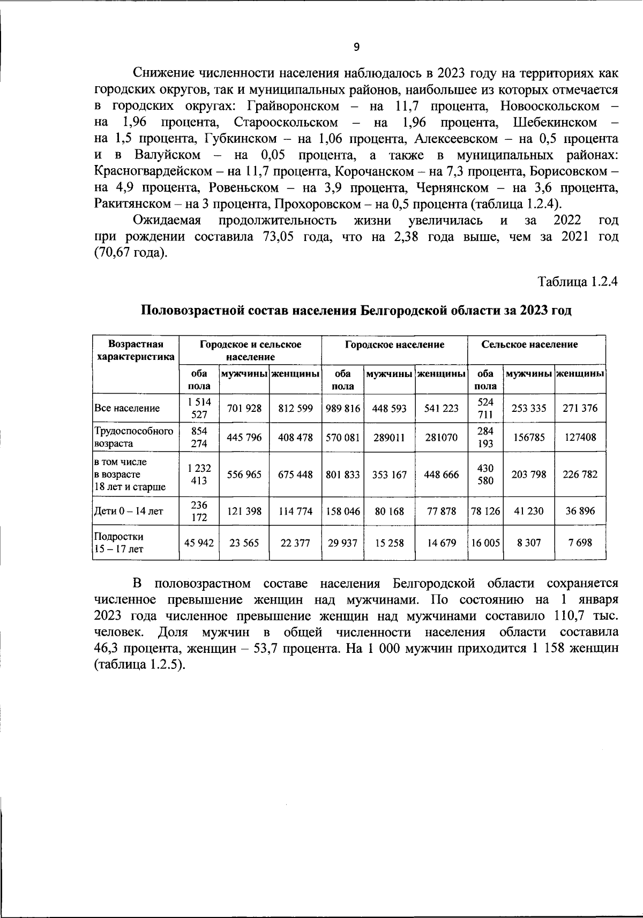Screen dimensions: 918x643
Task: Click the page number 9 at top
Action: [357, 47]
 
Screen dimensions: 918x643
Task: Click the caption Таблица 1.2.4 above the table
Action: [578, 282]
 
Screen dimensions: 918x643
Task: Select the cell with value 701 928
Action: [244, 409]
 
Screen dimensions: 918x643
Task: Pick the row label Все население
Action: [127, 409]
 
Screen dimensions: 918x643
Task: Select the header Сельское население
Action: [537, 345]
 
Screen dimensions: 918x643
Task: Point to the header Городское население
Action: [395, 345]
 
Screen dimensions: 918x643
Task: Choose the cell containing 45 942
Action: [199, 543]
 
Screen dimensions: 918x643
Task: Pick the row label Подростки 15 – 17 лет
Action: [119, 543]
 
